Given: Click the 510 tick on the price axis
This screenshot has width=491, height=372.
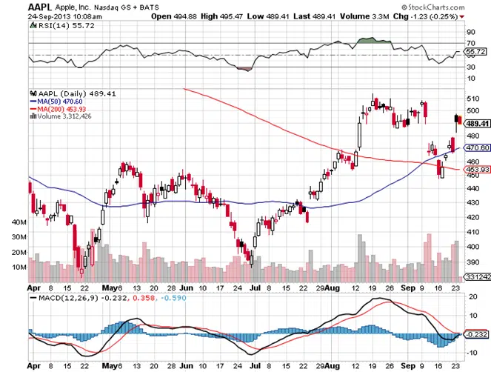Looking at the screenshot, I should pyautogui.click(x=472, y=99).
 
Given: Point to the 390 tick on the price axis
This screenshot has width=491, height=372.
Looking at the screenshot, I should pyautogui.click(x=472, y=263).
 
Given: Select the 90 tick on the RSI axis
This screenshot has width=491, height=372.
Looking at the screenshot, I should pyautogui.click(x=470, y=33).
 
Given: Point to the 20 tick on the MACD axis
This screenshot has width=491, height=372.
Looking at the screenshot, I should pyautogui.click(x=470, y=296).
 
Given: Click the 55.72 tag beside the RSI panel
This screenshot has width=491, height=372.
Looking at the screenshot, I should pyautogui.click(x=474, y=52).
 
